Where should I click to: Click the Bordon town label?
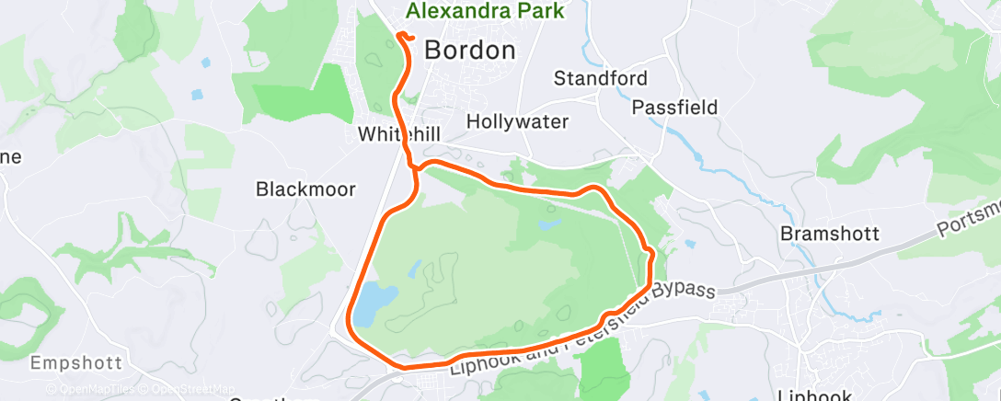pos(469,51)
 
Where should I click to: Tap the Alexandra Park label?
pos(485,12)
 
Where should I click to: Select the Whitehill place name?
pos(399,134)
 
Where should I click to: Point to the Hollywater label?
pos(517,121)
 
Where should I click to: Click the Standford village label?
pos(601,78)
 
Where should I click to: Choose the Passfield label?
pos(674,108)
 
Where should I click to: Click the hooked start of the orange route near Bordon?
pos(402,36)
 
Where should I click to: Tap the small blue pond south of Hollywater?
pos(549,224)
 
